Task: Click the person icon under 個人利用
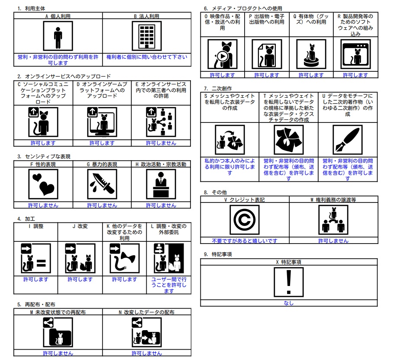(58, 36)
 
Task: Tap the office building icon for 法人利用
(147, 36)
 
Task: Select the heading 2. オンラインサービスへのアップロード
(64, 76)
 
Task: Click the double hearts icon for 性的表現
(43, 184)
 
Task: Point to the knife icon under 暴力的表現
(102, 184)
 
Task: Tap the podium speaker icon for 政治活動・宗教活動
(161, 184)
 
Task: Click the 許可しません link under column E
(161, 143)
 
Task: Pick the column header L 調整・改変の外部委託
(169, 229)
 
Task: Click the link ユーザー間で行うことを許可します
(169, 285)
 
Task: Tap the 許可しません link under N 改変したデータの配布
(147, 353)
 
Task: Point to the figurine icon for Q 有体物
(311, 54)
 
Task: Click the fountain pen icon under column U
(348, 140)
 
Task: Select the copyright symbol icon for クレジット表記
(245, 220)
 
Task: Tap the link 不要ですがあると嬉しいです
(245, 241)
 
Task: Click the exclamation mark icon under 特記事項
(289, 282)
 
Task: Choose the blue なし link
(289, 303)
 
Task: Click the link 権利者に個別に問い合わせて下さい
(147, 57)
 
